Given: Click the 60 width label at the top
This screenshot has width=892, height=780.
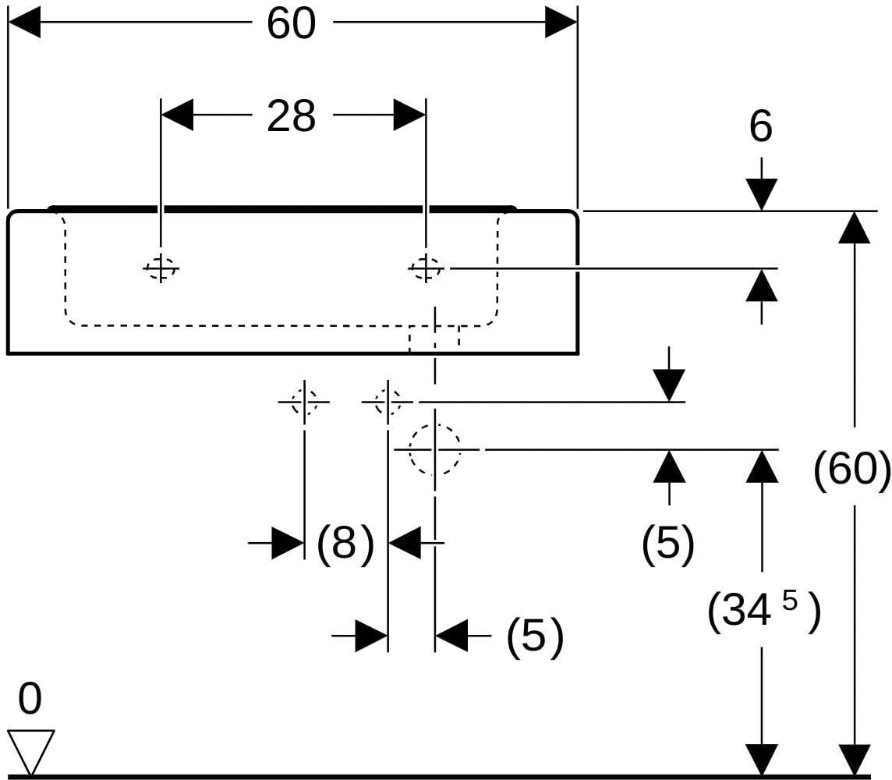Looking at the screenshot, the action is coord(291,23).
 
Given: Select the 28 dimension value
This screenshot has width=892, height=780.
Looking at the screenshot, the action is coord(291,116).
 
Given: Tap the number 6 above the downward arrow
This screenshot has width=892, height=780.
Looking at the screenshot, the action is coord(760,126).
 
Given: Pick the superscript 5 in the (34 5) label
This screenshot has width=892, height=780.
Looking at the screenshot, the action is coord(790,601).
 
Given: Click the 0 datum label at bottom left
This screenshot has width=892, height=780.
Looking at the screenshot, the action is coord(30,699).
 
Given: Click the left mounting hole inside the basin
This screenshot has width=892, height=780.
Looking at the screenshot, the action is coord(161,268).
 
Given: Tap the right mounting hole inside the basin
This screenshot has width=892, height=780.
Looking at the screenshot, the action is coord(426,268).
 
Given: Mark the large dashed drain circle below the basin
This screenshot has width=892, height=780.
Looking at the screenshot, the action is coord(434,449).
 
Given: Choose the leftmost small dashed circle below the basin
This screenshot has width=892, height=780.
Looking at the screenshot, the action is coord(304,402).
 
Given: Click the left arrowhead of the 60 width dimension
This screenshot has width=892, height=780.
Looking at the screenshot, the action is coord(24,23).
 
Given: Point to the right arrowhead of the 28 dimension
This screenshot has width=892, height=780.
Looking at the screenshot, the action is coord(409,115).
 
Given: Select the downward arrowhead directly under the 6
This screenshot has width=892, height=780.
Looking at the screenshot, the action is coord(761,194).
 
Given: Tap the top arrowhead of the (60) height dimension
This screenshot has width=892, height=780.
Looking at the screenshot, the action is coord(854,227).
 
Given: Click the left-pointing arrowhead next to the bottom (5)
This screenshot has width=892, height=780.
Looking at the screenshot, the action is coord(451,636).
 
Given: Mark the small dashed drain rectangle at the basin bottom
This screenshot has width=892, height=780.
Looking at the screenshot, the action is coord(434,339).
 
